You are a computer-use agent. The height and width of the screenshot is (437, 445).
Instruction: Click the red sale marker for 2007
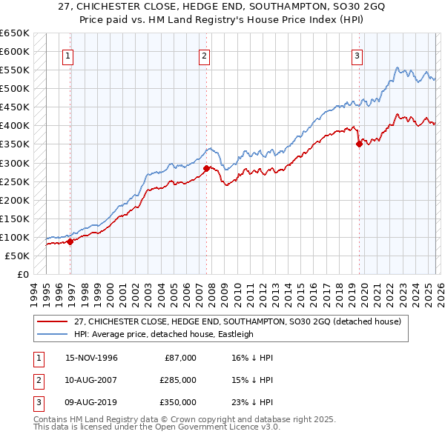pos(206,168)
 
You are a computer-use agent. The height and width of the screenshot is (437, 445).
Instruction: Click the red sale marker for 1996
pos(70,241)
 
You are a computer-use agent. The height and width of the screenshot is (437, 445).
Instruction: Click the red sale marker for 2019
pos(359,144)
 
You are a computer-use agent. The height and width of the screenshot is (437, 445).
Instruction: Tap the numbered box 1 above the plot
pos(67,55)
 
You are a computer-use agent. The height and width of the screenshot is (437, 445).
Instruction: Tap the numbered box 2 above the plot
pos(204,55)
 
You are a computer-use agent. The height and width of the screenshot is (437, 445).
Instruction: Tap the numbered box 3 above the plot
pos(357,55)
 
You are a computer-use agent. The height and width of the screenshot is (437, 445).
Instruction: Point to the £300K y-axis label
pos(15,163)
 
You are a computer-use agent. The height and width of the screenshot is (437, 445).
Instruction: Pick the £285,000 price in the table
pos(178,380)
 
